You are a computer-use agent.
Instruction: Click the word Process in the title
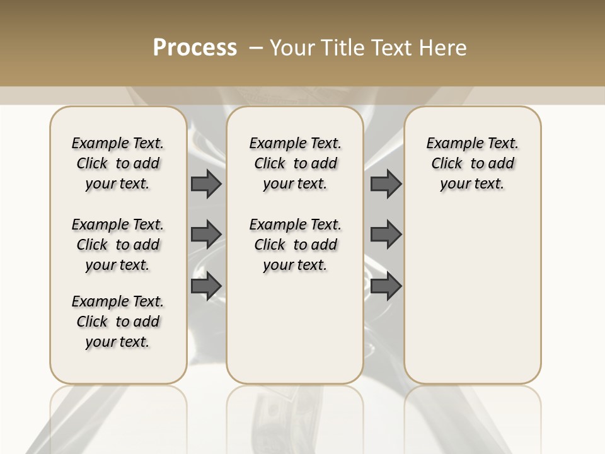tap(195, 48)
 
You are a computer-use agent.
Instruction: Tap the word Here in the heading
tap(442, 48)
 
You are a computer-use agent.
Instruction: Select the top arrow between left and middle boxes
tap(206, 183)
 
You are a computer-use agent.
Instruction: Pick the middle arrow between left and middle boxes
tap(206, 234)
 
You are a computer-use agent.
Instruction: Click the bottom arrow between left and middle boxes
tap(206, 286)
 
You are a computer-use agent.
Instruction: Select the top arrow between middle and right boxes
tap(386, 183)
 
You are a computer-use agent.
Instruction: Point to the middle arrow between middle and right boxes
tap(386, 234)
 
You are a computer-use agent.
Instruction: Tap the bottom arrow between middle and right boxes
tap(386, 286)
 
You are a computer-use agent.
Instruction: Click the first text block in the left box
tap(118, 163)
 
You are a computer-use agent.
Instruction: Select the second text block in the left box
tap(118, 245)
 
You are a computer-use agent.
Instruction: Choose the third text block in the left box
tap(118, 322)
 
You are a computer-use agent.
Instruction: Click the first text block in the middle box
tap(295, 163)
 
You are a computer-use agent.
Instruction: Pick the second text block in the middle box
tap(295, 245)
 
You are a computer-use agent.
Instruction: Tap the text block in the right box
tap(472, 163)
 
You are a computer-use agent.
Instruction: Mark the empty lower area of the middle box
tap(295, 328)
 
